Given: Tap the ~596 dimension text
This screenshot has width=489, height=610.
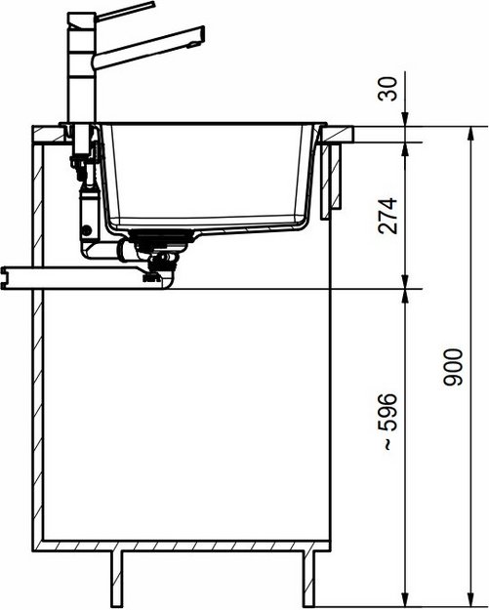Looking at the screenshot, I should point(387,423).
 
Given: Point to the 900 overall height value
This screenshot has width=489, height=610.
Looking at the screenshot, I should point(451,367).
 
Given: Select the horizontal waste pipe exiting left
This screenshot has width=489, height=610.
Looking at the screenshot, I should point(68,276).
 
